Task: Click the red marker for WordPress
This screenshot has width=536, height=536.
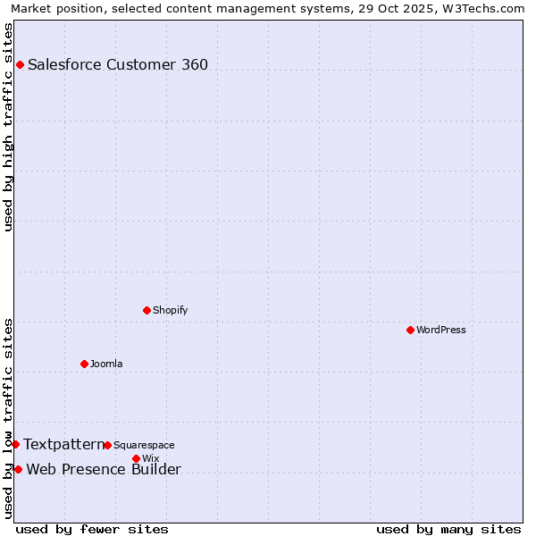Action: click(410, 330)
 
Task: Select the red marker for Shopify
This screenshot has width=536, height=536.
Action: click(147, 310)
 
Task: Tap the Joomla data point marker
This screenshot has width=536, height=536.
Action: click(84, 364)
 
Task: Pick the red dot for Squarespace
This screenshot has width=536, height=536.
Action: click(107, 445)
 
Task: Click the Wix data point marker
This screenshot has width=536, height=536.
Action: click(136, 458)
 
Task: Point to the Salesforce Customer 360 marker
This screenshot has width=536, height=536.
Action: click(20, 64)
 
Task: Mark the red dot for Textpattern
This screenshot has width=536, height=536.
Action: click(15, 444)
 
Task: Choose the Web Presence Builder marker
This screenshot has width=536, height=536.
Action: click(18, 469)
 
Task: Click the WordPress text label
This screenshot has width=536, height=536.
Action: click(441, 330)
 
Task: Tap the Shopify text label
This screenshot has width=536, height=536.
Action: click(171, 310)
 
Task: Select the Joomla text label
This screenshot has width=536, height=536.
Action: click(106, 364)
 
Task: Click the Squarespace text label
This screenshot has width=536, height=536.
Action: click(144, 445)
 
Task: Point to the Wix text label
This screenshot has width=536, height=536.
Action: click(150, 458)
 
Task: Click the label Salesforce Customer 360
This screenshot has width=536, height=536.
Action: click(118, 64)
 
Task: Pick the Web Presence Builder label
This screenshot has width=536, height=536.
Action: click(104, 470)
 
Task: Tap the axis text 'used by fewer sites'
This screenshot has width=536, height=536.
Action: click(92, 529)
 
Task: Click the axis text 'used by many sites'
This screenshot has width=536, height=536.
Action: click(448, 529)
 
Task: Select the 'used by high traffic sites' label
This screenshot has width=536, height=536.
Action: click(8, 127)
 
